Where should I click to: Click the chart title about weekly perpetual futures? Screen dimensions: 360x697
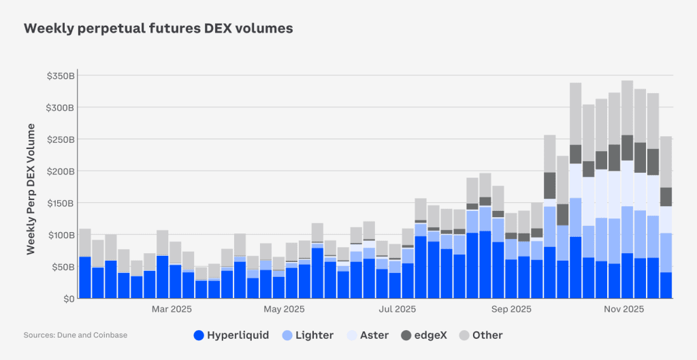(158, 29)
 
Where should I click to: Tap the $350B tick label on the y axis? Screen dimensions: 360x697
(60, 76)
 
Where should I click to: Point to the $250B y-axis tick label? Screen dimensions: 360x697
(60, 140)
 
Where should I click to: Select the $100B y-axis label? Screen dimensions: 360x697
(60, 235)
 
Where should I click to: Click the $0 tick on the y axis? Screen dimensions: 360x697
(68, 299)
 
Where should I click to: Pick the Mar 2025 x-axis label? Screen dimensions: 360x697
(172, 310)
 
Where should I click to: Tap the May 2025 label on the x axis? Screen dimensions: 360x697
(284, 310)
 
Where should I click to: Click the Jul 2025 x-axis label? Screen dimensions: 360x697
(397, 310)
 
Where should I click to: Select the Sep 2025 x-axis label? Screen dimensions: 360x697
(511, 310)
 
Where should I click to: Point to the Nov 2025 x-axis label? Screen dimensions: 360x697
(624, 310)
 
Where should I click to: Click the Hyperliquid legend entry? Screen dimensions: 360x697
(231, 335)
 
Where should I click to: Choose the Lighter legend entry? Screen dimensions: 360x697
(306, 335)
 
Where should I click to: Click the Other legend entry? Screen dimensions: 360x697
(481, 335)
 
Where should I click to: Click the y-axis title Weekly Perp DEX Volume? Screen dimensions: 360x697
(31, 189)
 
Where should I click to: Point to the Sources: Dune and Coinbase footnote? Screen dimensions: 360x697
(76, 335)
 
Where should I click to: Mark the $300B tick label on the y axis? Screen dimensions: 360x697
(60, 108)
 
